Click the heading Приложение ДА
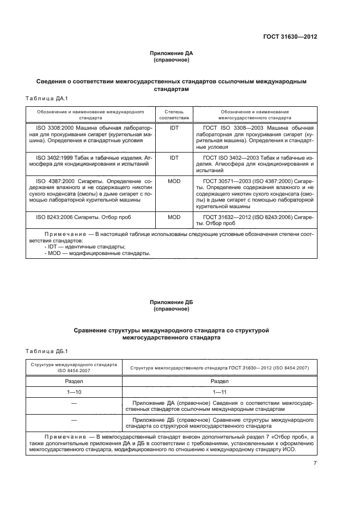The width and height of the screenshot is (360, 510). (x=172, y=53)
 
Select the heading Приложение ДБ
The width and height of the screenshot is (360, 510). (x=172, y=302)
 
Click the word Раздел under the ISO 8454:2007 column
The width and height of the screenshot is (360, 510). (x=74, y=381)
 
